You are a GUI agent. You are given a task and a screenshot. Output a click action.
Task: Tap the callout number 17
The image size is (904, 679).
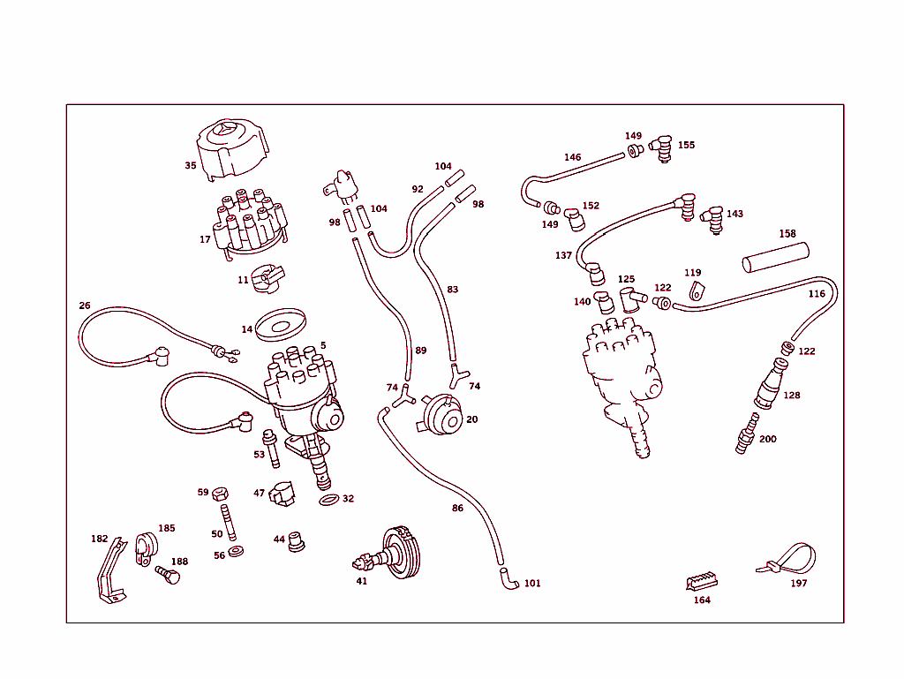click(x=205, y=239)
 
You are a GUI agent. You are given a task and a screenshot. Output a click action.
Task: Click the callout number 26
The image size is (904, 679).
click(x=85, y=306)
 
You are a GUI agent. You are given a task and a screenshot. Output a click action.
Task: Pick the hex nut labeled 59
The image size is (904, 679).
click(x=221, y=493)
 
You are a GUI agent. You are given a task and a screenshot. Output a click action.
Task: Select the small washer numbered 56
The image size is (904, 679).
click(x=236, y=552)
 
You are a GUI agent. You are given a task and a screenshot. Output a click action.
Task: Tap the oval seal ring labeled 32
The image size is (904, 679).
click(x=328, y=501)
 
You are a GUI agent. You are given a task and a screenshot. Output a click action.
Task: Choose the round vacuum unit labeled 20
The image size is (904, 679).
click(x=441, y=418)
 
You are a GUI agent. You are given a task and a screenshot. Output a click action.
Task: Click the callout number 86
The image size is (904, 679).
click(x=457, y=509)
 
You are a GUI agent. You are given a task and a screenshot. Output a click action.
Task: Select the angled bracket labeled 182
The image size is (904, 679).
click(x=108, y=574)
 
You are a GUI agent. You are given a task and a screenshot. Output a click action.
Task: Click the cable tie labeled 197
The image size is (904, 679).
click(x=790, y=561)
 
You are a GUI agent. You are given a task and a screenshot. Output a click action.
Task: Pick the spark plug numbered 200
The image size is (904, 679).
click(x=746, y=435)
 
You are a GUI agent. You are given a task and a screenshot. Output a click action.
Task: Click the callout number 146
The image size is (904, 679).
click(x=573, y=157)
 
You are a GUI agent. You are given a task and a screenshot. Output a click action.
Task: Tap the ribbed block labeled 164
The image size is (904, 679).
click(x=701, y=581)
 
